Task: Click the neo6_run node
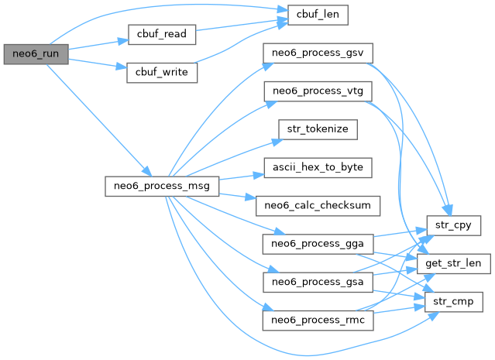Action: [35, 54]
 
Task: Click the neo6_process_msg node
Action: [162, 186]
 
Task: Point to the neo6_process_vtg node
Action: [318, 91]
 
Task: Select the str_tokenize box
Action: [318, 129]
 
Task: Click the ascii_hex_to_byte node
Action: [318, 166]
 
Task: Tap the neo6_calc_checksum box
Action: [318, 204]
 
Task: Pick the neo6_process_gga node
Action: [318, 242]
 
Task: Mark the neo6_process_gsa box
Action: [318, 280]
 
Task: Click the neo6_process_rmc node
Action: [318, 318]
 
